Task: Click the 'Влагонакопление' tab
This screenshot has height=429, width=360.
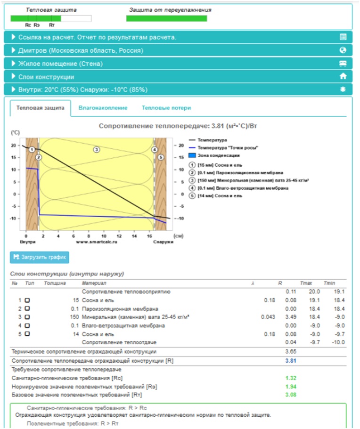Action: [x=103, y=108]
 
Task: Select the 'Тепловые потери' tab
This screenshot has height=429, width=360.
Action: [x=166, y=108]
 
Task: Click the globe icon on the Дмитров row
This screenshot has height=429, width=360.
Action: [x=343, y=50]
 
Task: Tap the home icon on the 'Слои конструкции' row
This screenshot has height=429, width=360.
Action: [x=343, y=76]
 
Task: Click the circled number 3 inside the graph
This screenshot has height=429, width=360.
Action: [x=96, y=149]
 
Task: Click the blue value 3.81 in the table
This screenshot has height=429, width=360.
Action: [x=291, y=361]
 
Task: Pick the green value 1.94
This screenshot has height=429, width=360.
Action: [x=291, y=386]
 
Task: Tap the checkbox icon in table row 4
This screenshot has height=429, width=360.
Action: [x=27, y=325]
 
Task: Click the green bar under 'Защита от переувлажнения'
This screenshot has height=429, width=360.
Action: [x=166, y=18]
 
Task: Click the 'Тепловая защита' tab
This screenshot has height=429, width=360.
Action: [x=40, y=108]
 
